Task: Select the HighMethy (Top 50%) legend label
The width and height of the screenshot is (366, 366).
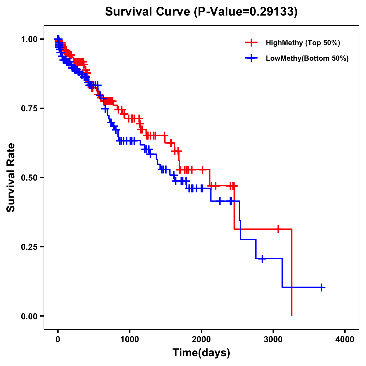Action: (x=303, y=43)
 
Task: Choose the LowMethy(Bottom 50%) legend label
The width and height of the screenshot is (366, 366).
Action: (x=307, y=58)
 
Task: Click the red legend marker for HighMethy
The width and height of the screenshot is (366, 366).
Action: (x=251, y=43)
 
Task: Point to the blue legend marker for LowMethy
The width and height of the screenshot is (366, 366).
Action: (x=251, y=58)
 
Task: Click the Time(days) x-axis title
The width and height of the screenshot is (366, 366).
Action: (x=201, y=353)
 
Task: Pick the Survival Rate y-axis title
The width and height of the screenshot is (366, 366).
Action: (x=11, y=178)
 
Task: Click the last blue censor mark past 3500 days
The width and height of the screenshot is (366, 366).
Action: (x=321, y=287)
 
